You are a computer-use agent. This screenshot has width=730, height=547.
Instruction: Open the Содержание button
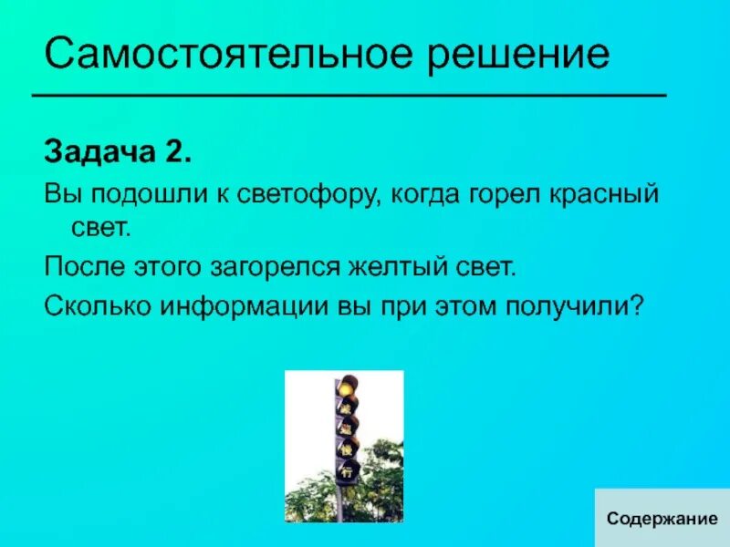point(662,518)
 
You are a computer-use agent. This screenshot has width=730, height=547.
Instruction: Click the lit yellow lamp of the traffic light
point(346,387)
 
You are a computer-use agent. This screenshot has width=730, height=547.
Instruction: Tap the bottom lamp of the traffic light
point(347,472)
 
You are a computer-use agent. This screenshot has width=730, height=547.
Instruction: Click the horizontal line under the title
point(349,95)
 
